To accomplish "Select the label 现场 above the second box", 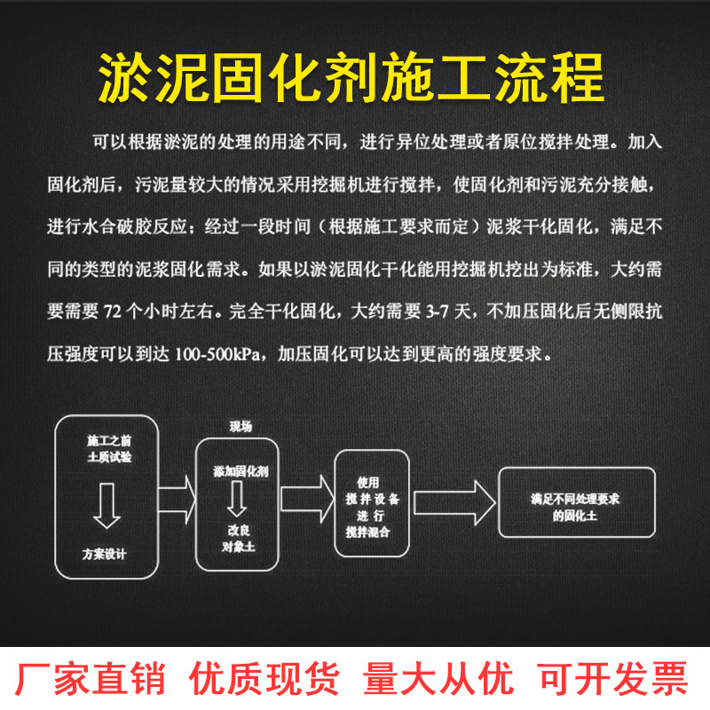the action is pos(241,427).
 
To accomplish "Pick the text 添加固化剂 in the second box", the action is pos(240,471).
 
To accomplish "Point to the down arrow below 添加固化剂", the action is pos(237,500).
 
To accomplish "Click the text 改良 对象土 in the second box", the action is pos(238,538).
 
